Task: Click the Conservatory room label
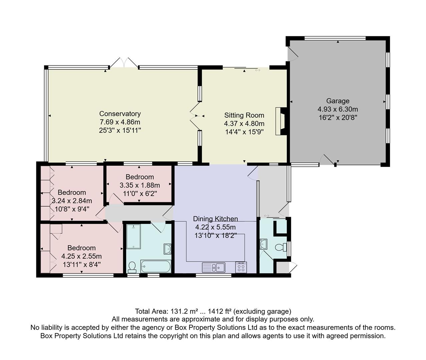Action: click(x=120, y=114)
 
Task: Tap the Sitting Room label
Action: click(x=244, y=115)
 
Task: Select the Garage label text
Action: click(x=338, y=101)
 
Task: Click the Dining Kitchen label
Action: click(x=216, y=219)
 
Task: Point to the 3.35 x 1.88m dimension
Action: click(x=139, y=185)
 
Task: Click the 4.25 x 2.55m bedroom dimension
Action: click(x=81, y=256)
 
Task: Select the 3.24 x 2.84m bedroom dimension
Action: click(x=72, y=201)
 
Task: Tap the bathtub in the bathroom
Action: click(x=156, y=266)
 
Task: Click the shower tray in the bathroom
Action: click(x=133, y=236)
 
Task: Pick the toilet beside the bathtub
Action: click(x=132, y=267)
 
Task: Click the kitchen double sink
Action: click(x=214, y=267)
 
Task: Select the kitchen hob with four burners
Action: click(x=241, y=267)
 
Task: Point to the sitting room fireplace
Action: click(x=280, y=121)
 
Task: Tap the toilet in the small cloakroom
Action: click(x=281, y=247)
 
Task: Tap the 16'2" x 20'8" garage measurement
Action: click(x=338, y=117)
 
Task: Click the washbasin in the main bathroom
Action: click(x=167, y=249)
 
